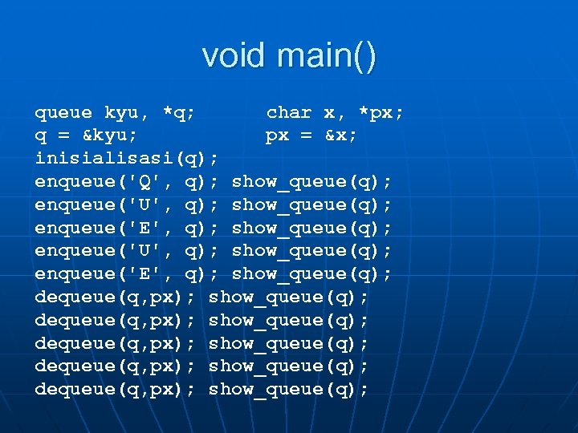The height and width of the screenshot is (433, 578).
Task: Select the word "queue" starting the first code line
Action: [x=63, y=113]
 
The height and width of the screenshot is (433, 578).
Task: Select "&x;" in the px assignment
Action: [x=341, y=136]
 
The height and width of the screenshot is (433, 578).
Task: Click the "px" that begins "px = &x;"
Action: [x=277, y=136]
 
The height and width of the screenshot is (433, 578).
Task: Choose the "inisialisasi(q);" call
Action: [x=127, y=159]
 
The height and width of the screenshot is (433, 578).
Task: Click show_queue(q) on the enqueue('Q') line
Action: [x=312, y=182]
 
